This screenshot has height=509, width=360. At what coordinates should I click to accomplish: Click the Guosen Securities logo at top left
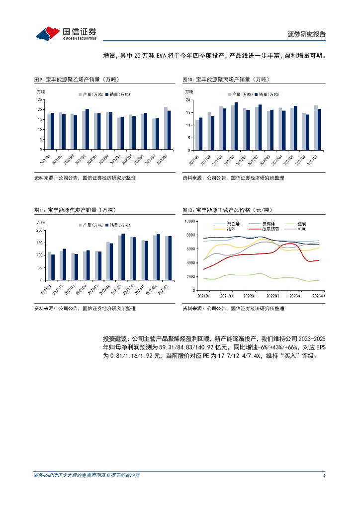click(66, 33)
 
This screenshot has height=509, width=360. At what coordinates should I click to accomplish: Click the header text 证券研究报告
click(307, 34)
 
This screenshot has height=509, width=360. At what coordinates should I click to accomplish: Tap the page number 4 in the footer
click(324, 476)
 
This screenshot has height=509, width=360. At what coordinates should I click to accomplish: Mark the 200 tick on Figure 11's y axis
click(39, 231)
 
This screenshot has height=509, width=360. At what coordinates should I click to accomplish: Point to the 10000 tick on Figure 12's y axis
click(188, 221)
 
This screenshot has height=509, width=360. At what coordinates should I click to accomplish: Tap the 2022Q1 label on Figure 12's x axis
click(249, 296)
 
